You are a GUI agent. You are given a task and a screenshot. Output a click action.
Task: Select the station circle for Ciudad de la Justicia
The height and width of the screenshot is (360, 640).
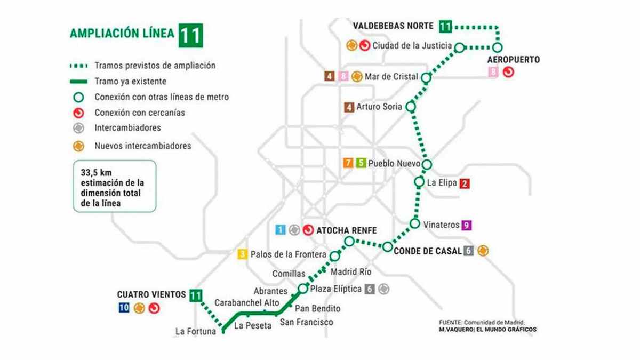pyautogui.click(x=459, y=47)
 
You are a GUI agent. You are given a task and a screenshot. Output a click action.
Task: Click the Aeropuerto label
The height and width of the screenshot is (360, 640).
pyautogui.click(x=514, y=59)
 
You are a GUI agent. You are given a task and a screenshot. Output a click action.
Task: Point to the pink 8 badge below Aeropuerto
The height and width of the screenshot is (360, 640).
pyautogui.click(x=494, y=72)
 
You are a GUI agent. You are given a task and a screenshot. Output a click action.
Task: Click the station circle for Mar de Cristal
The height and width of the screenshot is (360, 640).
pyautogui.click(x=426, y=78)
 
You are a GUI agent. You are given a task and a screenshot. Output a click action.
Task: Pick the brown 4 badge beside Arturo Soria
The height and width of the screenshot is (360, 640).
pyautogui.click(x=349, y=107)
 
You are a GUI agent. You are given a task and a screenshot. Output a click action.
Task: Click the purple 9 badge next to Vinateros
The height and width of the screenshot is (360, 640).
pyautogui.click(x=467, y=225)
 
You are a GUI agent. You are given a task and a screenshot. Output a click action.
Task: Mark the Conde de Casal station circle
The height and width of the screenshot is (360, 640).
pyautogui.click(x=388, y=246)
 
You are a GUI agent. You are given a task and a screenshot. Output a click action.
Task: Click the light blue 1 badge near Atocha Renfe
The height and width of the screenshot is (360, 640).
pyautogui.click(x=280, y=230)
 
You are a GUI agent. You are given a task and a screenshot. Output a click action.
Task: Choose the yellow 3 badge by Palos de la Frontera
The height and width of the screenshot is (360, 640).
pyautogui.click(x=243, y=254)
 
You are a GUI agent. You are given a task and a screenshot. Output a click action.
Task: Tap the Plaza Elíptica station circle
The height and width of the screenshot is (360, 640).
pyautogui.click(x=303, y=289)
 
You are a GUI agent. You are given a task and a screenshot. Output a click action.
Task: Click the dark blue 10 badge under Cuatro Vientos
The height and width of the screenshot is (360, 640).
pyautogui.click(x=124, y=308)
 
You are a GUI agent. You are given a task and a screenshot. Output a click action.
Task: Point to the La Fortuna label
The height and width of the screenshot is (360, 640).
pyautogui.click(x=195, y=332)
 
